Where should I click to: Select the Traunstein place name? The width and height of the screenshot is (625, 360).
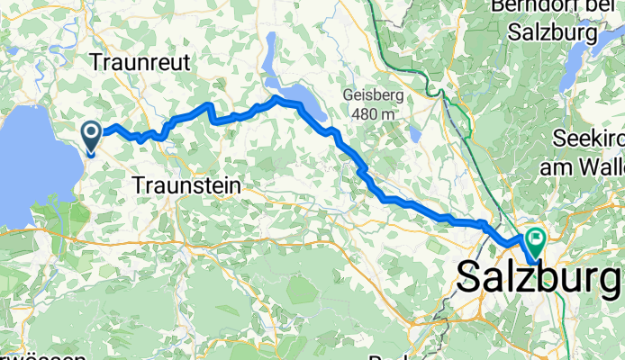[186, 185]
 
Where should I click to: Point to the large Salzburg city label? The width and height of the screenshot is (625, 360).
[539, 277]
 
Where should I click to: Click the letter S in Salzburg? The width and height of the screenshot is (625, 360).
[470, 277]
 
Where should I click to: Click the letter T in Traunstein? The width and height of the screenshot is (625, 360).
[140, 185]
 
